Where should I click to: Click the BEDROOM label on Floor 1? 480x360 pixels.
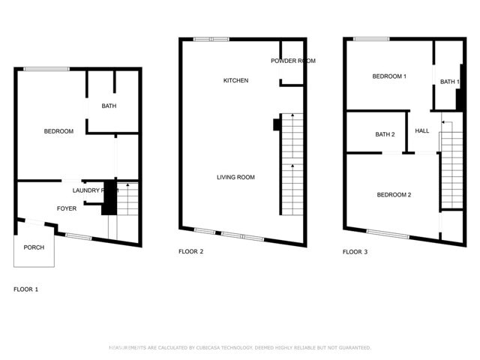(58, 132)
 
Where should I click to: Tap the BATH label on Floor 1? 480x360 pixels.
(109, 106)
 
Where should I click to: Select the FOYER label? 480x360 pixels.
(67, 208)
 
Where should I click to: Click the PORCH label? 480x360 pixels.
(34, 247)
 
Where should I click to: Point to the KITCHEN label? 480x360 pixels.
(235, 80)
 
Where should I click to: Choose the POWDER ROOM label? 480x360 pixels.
(292, 61)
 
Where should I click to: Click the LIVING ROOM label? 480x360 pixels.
(235, 178)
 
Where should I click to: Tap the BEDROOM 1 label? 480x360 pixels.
(389, 76)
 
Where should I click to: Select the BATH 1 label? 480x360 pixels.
(449, 82)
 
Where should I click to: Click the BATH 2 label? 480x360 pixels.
(385, 134)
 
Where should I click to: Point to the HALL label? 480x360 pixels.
(422, 130)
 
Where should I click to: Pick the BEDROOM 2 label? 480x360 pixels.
(394, 195)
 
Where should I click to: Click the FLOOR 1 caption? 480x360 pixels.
(26, 289)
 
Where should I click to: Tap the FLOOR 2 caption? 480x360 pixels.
(190, 252)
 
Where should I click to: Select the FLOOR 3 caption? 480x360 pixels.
(355, 252)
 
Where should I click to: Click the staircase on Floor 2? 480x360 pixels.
(291, 165)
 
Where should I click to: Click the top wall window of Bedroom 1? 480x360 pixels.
(371, 39)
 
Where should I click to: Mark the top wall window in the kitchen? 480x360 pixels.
(211, 39)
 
